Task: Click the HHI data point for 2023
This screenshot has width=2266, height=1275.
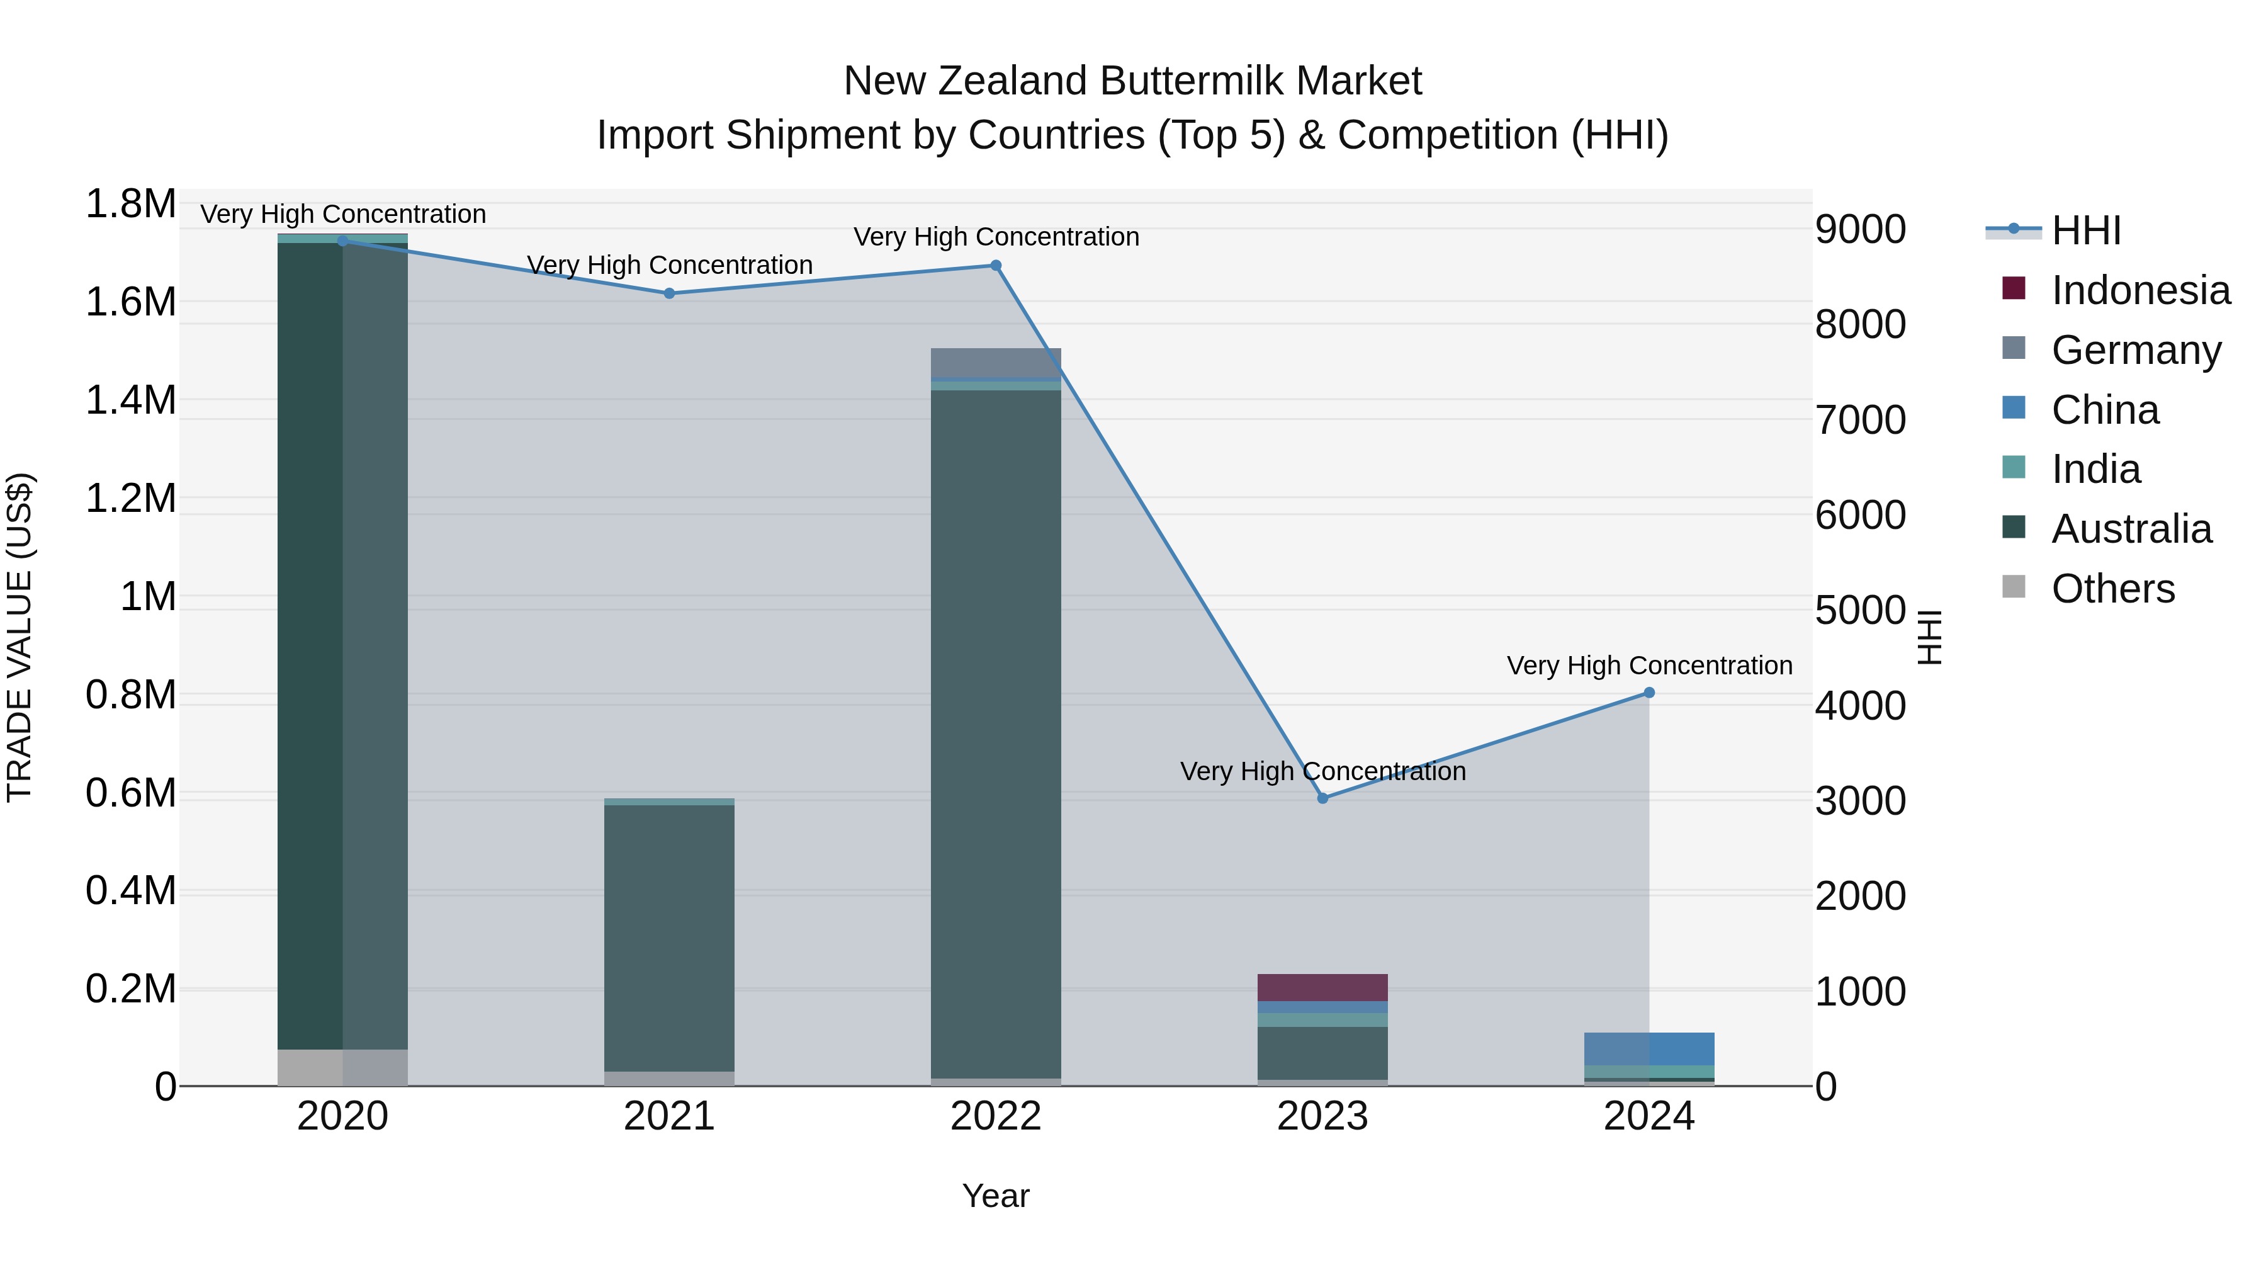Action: (1322, 798)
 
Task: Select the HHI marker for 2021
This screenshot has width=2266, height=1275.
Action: (670, 294)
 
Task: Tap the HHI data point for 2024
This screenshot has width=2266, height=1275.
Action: (1649, 693)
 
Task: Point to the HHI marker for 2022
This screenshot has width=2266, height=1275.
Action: (996, 266)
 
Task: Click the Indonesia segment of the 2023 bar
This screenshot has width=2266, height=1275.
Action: (1322, 987)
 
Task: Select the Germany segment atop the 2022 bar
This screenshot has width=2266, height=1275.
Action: (996, 363)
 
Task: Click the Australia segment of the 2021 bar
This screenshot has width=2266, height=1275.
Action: (670, 937)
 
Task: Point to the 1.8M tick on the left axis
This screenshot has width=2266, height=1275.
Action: (130, 204)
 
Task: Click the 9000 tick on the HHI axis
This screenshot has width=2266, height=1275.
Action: (1861, 230)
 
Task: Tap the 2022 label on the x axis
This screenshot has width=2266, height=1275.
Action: (996, 1116)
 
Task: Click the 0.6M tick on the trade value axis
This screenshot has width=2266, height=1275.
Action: (130, 793)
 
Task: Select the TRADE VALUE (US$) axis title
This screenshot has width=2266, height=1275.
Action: (20, 637)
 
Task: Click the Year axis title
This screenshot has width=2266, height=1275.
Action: (996, 1196)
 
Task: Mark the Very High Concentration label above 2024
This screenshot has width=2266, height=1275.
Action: (1649, 666)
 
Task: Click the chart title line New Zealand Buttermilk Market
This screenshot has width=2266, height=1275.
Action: (1132, 81)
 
